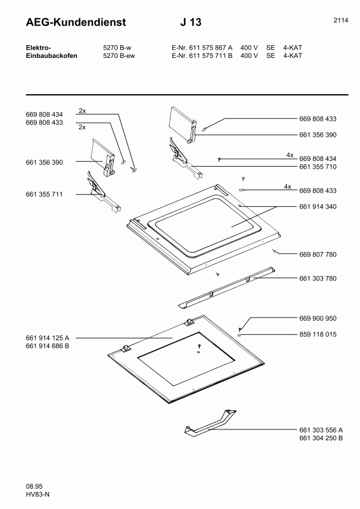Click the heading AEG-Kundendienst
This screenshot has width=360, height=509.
coord(76,22)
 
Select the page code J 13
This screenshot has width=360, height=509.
coord(191,22)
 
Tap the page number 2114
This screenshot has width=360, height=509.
coord(341,20)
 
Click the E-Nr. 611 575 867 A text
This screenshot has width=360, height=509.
coord(202,48)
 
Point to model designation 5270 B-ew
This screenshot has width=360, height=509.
coord(119,55)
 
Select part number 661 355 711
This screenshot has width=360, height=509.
coord(44,194)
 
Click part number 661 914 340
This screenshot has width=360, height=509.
coord(318,206)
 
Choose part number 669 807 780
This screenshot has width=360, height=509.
coord(318,254)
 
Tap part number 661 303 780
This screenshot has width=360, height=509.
coord(318,278)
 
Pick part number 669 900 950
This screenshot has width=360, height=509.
coord(318,318)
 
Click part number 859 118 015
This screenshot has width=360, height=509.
coord(318,334)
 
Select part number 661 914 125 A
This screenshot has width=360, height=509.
coord(48,338)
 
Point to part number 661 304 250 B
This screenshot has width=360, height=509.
coord(321,438)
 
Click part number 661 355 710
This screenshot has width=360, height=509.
coord(318,167)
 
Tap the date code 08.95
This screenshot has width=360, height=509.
coord(34,486)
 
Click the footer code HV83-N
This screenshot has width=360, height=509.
coord(38,494)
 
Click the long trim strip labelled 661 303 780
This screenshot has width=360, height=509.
coord(227,287)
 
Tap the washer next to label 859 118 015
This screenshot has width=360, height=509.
coord(239,335)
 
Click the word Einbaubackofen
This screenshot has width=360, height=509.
coord(52,55)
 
